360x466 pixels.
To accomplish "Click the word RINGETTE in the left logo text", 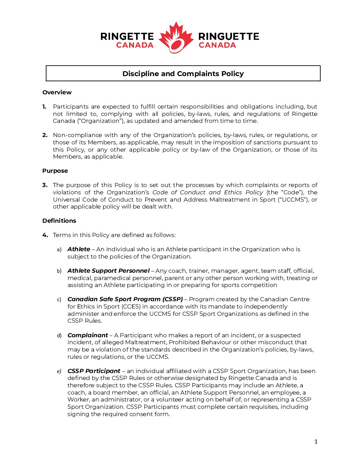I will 127,36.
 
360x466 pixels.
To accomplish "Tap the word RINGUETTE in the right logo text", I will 229,36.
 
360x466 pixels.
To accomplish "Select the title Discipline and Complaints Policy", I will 183,73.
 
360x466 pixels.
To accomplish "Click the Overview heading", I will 57,92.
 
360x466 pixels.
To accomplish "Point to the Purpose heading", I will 55,171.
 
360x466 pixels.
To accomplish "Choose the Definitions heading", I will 59,221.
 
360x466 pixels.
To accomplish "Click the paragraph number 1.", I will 44,107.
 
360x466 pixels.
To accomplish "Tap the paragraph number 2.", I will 45,135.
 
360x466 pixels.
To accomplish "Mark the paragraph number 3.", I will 45,185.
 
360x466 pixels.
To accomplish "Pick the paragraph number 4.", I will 45,235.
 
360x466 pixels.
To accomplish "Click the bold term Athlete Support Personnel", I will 109,271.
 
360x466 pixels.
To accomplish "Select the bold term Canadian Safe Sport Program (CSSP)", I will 125,299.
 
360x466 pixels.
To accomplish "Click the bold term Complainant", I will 88,335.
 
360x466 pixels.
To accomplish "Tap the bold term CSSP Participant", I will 94,371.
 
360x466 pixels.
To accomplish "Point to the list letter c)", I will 59,300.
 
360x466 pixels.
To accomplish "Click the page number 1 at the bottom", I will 316,442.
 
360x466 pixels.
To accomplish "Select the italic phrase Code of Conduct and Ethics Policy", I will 207,192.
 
